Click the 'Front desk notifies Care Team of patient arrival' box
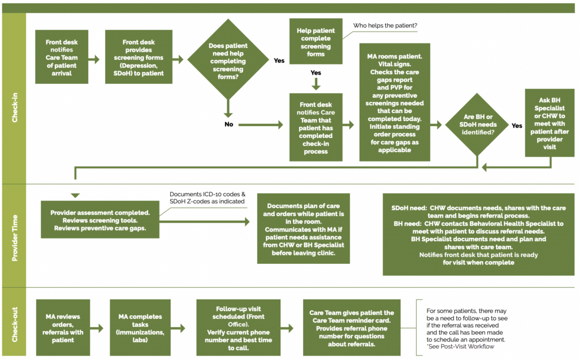click(62, 58)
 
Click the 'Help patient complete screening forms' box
click(316, 42)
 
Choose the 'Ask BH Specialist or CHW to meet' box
click(549, 123)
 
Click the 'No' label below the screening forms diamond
click(228, 124)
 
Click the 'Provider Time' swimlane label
click(14, 237)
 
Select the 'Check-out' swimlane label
click(14, 324)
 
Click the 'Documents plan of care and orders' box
click(304, 228)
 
